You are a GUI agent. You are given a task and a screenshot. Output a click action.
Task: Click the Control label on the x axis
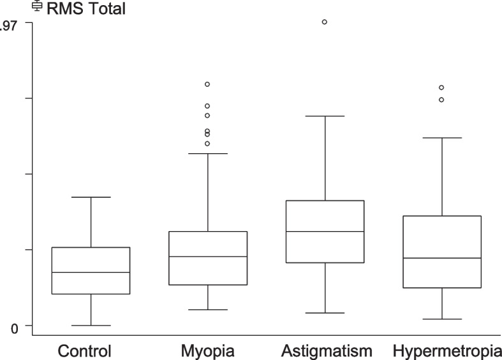click(85, 351)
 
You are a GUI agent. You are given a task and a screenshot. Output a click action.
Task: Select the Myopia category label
click(207, 351)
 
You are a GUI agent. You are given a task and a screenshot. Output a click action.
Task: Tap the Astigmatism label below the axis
click(326, 351)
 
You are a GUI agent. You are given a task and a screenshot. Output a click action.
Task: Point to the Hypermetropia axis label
click(447, 351)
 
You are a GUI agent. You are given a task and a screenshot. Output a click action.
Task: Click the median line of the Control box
click(91, 273)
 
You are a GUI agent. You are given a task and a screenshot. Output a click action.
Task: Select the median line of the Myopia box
click(208, 257)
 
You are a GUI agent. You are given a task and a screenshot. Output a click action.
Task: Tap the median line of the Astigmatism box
click(325, 231)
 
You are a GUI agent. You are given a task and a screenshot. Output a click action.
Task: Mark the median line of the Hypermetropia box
click(441, 258)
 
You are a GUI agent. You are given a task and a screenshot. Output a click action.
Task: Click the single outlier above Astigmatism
click(325, 22)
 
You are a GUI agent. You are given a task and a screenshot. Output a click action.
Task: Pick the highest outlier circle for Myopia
click(207, 84)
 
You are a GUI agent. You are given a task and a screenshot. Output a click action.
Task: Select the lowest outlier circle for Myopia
click(207, 144)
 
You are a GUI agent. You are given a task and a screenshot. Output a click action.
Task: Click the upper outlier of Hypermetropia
click(441, 87)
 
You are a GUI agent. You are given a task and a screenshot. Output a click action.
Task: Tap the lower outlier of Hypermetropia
click(441, 100)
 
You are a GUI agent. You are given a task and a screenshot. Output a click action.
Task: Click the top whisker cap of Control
click(91, 197)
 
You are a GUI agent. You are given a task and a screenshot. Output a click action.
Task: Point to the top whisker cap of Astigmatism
click(325, 116)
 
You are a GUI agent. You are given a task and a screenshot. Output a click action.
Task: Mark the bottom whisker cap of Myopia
click(208, 310)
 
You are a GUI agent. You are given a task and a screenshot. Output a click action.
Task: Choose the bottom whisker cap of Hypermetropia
click(441, 319)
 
